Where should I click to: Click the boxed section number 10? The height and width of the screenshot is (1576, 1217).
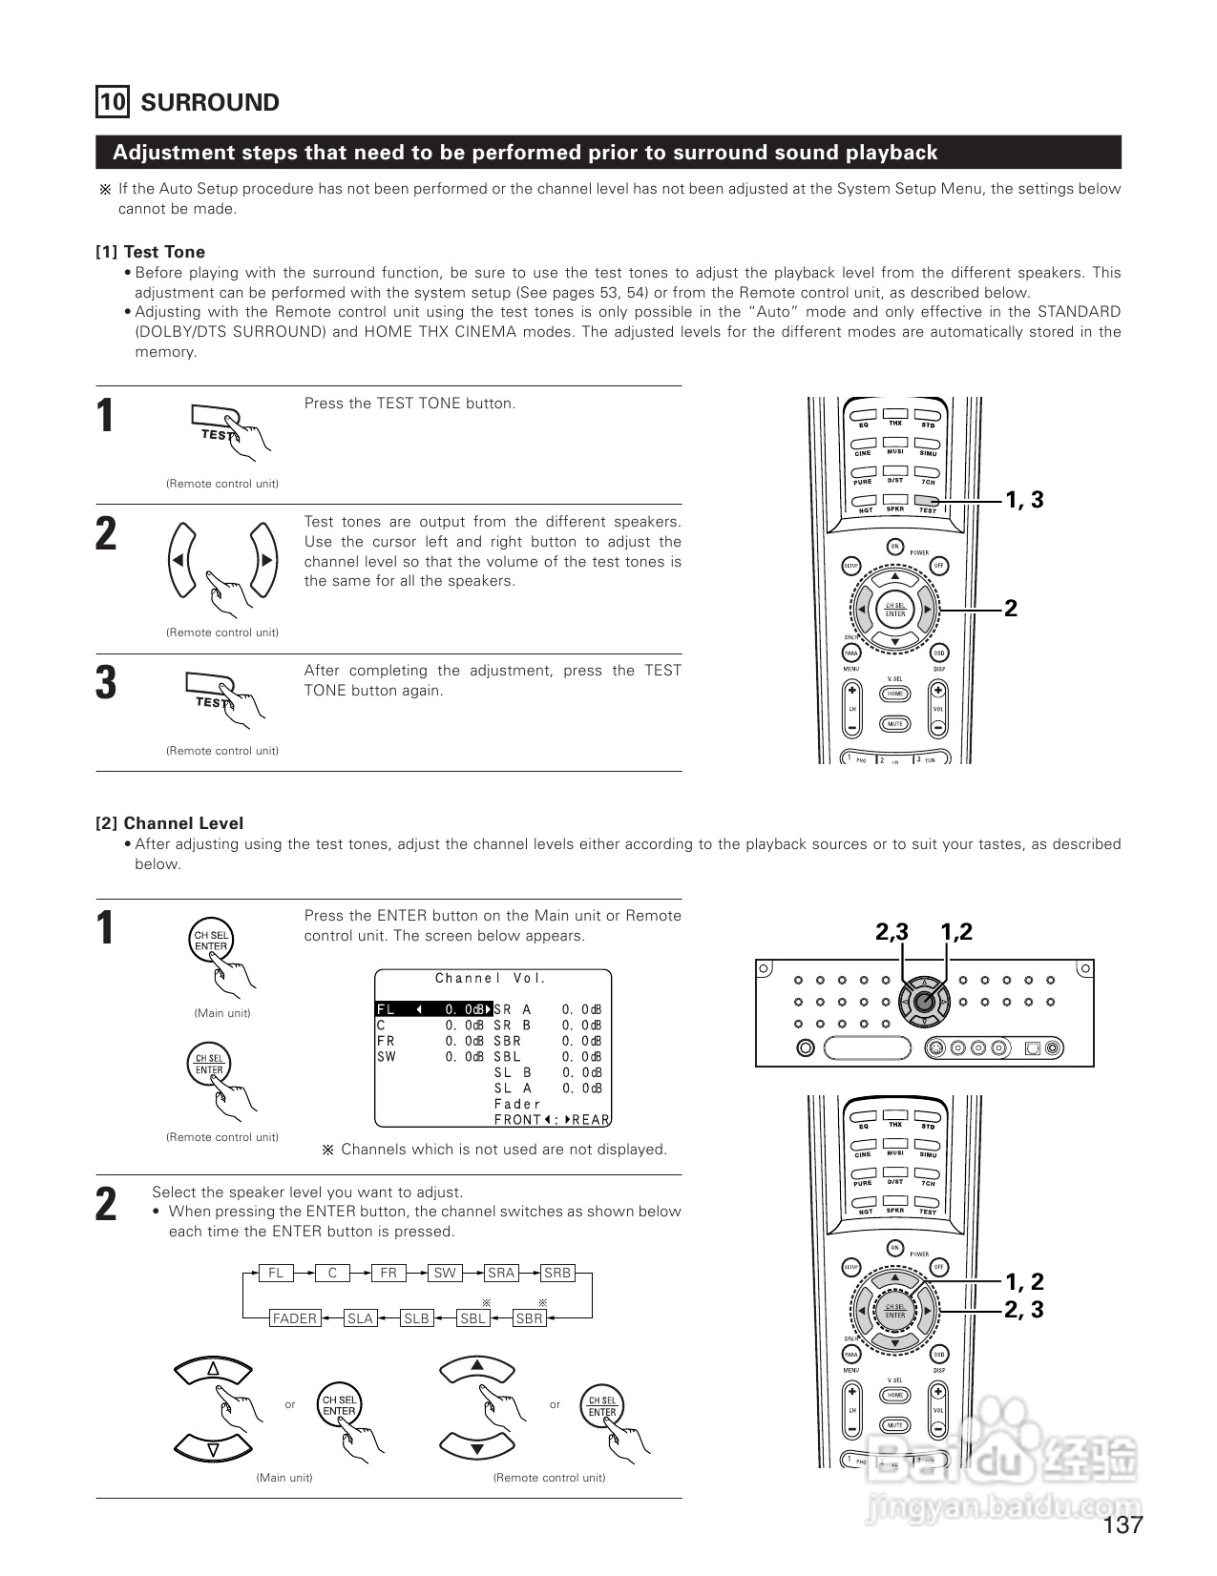(112, 102)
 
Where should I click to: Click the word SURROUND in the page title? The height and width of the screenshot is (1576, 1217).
(210, 103)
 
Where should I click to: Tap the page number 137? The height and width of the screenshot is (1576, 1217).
(1123, 1524)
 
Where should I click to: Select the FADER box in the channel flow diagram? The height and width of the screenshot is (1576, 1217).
(294, 1318)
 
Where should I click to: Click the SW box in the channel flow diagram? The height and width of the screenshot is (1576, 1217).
(445, 1273)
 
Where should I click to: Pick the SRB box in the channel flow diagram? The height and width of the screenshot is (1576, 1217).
(556, 1273)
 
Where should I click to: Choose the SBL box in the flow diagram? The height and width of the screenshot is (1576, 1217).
(472, 1318)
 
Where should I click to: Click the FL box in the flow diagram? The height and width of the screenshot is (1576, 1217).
(276, 1273)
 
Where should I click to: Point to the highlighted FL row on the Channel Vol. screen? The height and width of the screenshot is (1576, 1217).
(434, 1009)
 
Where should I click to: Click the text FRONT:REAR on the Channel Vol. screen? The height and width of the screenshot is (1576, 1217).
(552, 1120)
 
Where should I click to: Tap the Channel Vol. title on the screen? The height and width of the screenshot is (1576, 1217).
(491, 978)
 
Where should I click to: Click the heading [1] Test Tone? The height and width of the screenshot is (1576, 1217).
(150, 252)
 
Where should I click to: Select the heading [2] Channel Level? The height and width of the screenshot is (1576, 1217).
(169, 823)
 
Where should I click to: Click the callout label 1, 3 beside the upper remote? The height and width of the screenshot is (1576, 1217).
(1024, 500)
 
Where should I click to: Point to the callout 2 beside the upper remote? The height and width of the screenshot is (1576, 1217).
(1011, 608)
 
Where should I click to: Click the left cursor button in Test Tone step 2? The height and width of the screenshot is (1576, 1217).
(181, 560)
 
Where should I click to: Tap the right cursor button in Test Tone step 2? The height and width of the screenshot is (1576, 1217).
(263, 560)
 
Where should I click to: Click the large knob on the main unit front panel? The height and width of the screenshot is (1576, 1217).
(923, 1002)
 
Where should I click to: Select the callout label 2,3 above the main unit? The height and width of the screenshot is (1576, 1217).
(892, 932)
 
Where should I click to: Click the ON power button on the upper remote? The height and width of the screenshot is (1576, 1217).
(894, 547)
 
